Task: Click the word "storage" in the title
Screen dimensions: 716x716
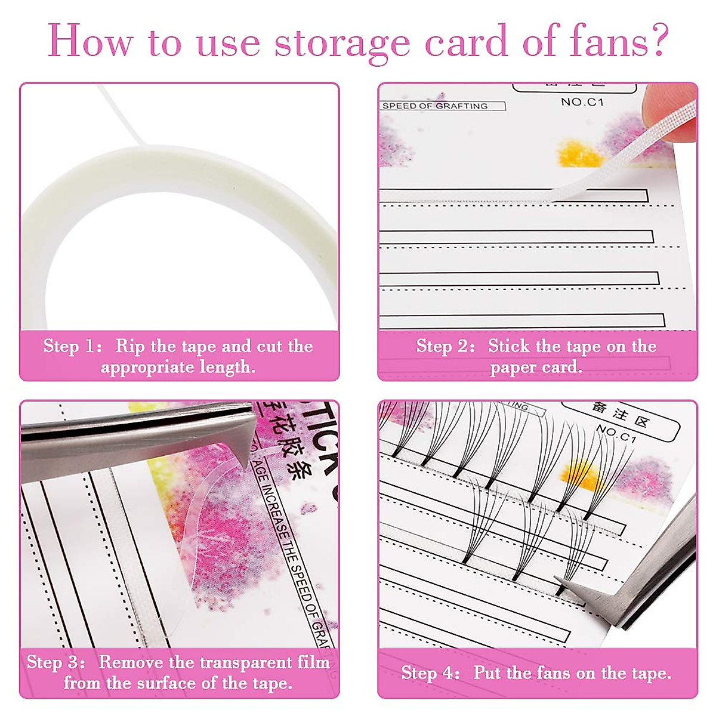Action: tap(343, 43)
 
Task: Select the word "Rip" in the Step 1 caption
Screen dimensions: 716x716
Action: tap(129, 347)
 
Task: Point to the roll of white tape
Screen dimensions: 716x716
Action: tap(179, 239)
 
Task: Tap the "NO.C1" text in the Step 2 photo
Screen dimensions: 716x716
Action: tap(582, 102)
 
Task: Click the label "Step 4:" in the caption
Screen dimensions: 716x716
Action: tap(430, 674)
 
